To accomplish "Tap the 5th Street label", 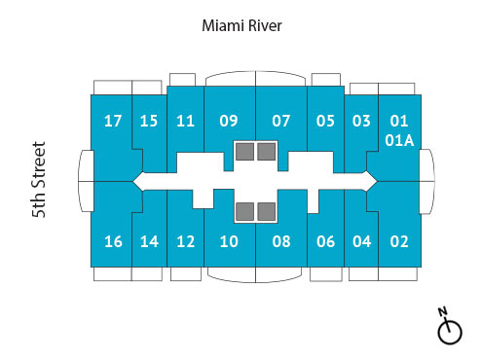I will point(40,180).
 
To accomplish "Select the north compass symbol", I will point(448,328).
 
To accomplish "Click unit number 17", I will point(113,122).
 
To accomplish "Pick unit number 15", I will point(149,122).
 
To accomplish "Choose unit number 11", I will point(186,122).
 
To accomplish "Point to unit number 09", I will point(229,122).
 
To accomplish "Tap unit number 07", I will point(281,122).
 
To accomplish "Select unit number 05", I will point(325,122).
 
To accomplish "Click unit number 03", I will point(361,122).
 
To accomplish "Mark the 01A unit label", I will point(399,140).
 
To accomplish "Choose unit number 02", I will point(399,241).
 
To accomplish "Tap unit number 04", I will point(361,241).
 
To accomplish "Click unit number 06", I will point(325,241).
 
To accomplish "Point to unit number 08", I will point(281,241).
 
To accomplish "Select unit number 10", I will point(229,241).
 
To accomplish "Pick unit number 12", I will point(186,241).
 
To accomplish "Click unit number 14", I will point(149,241).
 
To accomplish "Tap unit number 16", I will point(113,241).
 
